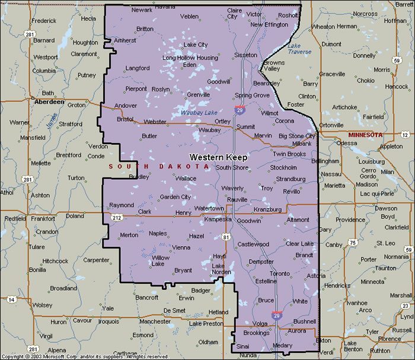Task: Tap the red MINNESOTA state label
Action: coord(365,135)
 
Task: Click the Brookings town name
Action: coord(256,333)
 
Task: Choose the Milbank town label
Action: coord(302,144)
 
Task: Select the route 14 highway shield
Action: coord(11,300)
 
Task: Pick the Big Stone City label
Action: coord(297,136)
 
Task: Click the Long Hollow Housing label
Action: coord(190,58)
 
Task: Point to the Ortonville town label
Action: coord(331,125)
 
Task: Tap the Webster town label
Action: coord(155,122)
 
